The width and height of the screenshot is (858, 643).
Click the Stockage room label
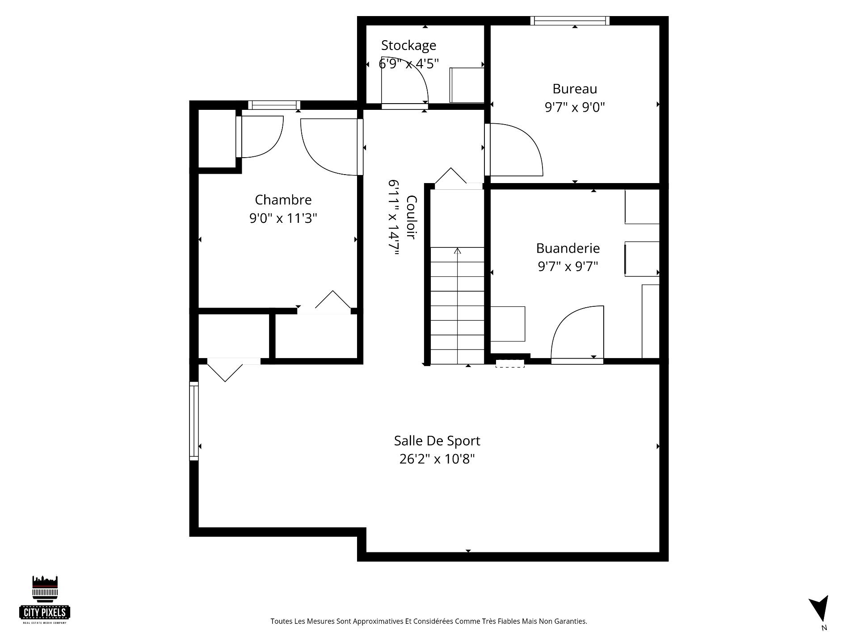(x=408, y=45)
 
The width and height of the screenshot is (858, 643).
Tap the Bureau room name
(x=575, y=89)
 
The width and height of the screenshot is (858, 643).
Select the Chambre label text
(x=283, y=200)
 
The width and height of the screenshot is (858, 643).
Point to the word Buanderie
(x=568, y=248)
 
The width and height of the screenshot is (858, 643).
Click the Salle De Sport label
(x=437, y=441)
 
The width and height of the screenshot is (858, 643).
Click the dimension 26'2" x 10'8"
(x=437, y=459)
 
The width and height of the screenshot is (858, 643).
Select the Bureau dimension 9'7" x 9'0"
(x=575, y=107)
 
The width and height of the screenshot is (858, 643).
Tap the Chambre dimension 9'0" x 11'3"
(x=283, y=218)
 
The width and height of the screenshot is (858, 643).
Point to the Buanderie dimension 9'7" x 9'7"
(x=568, y=267)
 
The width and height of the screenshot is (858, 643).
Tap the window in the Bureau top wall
(x=570, y=21)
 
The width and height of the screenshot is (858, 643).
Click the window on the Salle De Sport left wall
(x=194, y=421)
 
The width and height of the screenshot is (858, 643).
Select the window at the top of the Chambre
(x=274, y=105)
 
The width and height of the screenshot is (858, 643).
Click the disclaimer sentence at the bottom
(x=429, y=621)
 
